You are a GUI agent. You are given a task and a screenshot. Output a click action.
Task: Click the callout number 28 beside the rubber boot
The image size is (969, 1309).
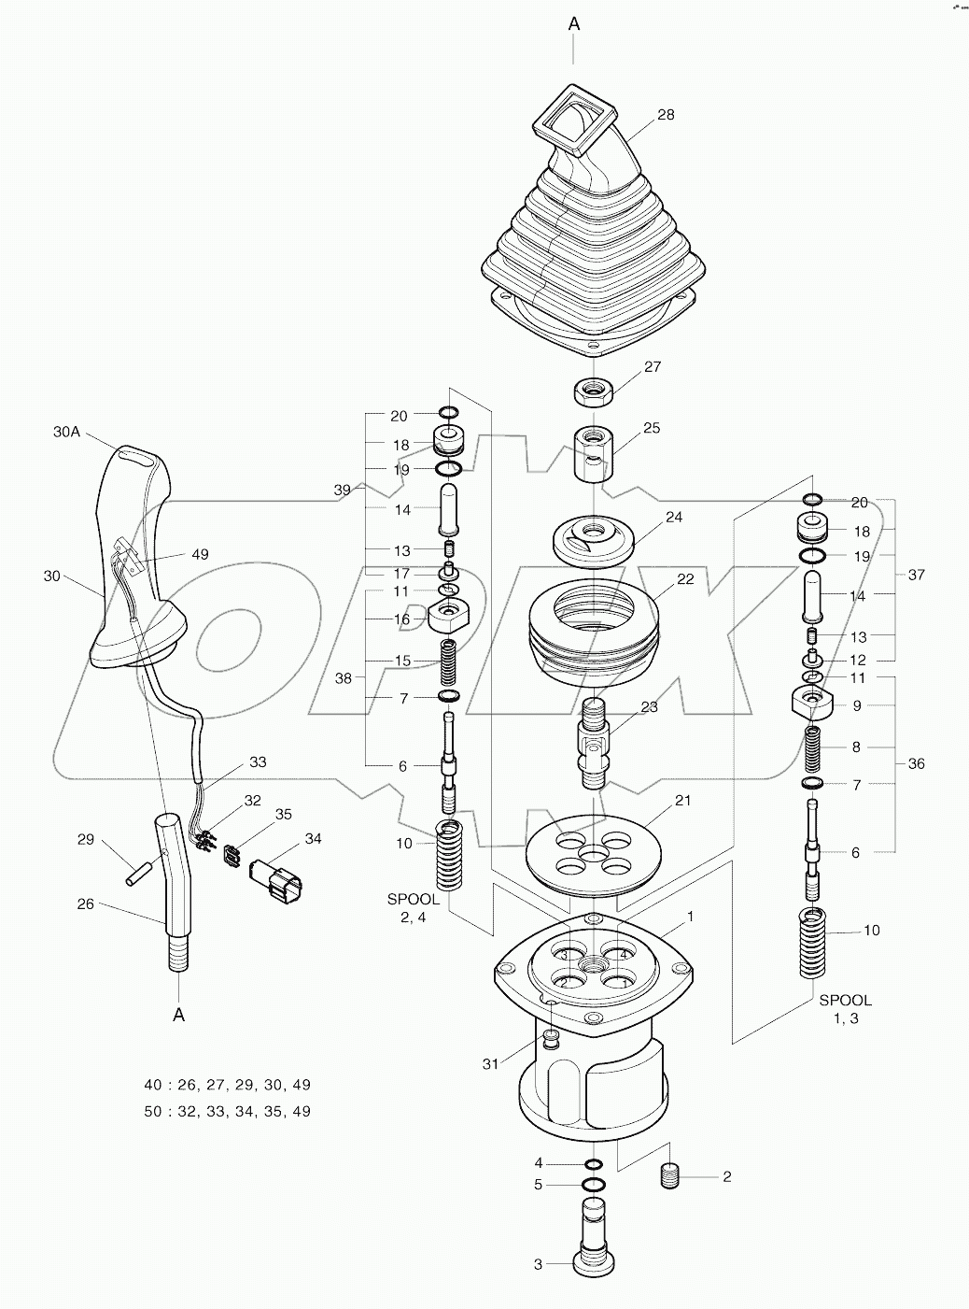(665, 115)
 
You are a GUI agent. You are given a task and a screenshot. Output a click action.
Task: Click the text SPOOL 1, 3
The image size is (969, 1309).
(846, 1009)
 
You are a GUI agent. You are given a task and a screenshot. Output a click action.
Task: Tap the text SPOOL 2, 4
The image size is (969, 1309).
(414, 908)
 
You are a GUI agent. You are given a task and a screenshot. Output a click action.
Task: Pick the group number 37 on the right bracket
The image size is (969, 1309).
(917, 575)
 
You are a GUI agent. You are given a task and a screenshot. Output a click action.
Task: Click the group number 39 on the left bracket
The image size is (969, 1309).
(343, 490)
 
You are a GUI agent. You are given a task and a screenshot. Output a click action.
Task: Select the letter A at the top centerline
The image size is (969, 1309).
(574, 24)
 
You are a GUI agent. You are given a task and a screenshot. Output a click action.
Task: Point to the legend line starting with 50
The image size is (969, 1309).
(227, 1111)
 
